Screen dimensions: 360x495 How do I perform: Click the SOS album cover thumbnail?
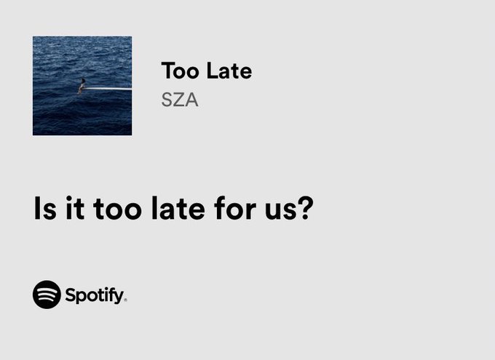tap(82, 86)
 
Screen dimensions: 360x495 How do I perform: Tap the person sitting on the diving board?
tap(82, 84)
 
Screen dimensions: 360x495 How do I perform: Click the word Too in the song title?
tap(180, 71)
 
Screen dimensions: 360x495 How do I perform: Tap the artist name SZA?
tap(180, 100)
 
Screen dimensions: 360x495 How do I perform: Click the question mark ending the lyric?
tap(305, 208)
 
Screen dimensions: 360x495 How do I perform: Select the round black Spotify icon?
tap(47, 295)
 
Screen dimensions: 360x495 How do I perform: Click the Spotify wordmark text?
tap(94, 295)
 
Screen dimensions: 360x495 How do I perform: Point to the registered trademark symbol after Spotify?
tap(125, 300)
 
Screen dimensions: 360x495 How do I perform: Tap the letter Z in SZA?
tap(179, 100)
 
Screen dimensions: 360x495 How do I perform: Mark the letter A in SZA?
tap(191, 100)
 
